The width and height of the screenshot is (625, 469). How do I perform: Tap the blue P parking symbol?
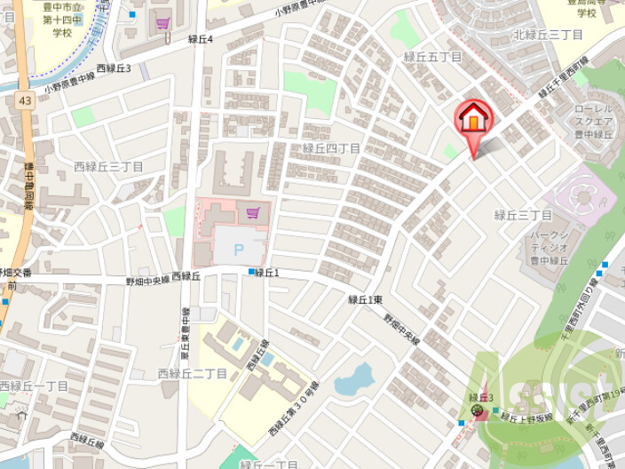coord(237,250)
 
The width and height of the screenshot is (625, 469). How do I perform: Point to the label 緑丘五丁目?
coord(433,56)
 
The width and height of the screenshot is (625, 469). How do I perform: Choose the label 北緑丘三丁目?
coord(547,35)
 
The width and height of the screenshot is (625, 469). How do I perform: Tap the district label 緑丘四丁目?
coord(331,148)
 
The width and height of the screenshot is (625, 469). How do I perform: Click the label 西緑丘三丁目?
coord(108,166)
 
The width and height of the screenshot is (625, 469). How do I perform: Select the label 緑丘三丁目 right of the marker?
coord(524,215)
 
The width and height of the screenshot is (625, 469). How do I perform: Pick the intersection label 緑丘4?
coord(201,39)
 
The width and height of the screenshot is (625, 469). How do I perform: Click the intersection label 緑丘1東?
coord(365,299)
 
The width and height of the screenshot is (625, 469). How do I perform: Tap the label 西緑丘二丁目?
coord(192,373)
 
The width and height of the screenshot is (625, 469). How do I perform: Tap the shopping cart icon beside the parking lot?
coord(254,211)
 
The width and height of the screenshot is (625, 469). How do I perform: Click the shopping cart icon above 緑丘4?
coord(162,23)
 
